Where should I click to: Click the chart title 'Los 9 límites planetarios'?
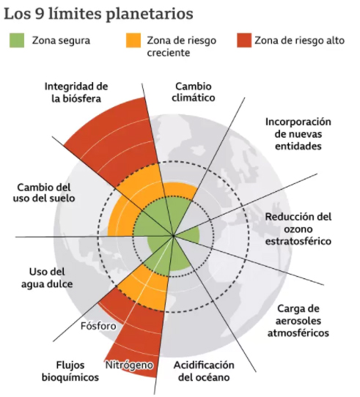pos(99,13)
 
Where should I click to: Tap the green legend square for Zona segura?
pos(17,40)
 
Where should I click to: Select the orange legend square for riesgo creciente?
pos(133,40)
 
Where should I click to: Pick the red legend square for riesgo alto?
pos(244,40)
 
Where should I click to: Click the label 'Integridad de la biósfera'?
pos(76,92)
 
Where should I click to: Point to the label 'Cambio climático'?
pos(194,92)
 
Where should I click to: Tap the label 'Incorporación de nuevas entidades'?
pos(298,134)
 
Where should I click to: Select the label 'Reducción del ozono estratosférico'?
pos(298,229)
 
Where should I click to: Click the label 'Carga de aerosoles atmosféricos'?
pos(298,321)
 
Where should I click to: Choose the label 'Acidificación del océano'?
pos(204,371)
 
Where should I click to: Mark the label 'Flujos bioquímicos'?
pos(70,371)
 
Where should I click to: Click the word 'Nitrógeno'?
pos(129,365)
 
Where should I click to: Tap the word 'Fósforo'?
pos(98,326)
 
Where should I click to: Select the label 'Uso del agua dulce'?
pos(47,278)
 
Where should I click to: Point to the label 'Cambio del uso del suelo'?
pos(44,193)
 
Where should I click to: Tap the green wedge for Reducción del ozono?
pos(189,235)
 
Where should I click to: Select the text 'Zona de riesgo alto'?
pos(299,40)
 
